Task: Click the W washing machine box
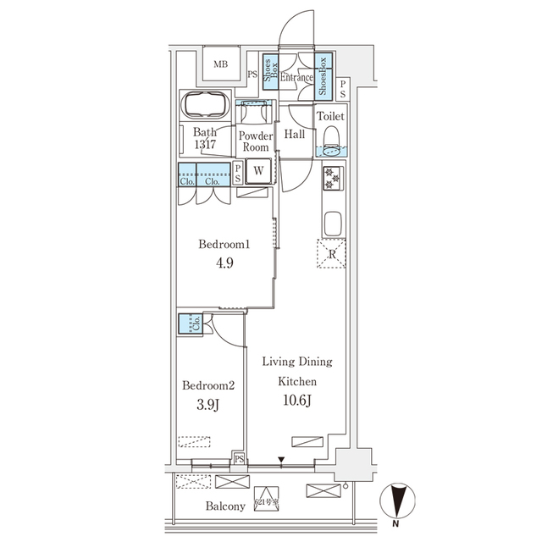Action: point(258,170)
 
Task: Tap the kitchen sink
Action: point(332,224)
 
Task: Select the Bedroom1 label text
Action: point(224,245)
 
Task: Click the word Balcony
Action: point(224,506)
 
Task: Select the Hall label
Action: point(295,135)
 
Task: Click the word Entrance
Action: point(297,78)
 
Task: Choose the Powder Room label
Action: point(256,141)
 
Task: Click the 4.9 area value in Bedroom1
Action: point(224,263)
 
